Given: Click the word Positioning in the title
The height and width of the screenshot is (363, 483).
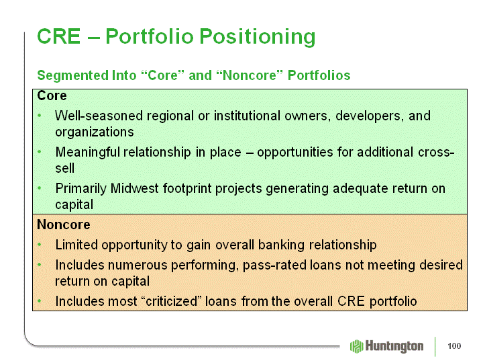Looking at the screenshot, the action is click(258, 37).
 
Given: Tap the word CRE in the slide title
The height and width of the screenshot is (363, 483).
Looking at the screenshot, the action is click(59, 36).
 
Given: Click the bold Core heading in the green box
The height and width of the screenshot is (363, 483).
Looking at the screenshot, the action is click(52, 95).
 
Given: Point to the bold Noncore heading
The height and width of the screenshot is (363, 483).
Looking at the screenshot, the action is click(64, 225).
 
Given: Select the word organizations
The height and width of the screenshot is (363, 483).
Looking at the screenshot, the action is click(95, 132).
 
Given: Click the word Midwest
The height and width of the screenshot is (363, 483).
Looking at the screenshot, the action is click(135, 188).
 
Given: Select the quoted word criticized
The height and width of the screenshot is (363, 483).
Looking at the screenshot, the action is click(173, 301).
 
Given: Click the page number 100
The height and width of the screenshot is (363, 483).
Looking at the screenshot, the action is click(454, 346).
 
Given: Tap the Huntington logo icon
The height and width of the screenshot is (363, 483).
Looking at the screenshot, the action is click(356, 346).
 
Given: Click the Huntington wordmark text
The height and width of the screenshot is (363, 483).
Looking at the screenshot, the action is click(394, 346).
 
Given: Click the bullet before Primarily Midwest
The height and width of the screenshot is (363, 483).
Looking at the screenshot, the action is click(39, 188).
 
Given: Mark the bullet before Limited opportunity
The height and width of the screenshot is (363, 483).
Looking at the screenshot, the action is click(39, 245).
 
